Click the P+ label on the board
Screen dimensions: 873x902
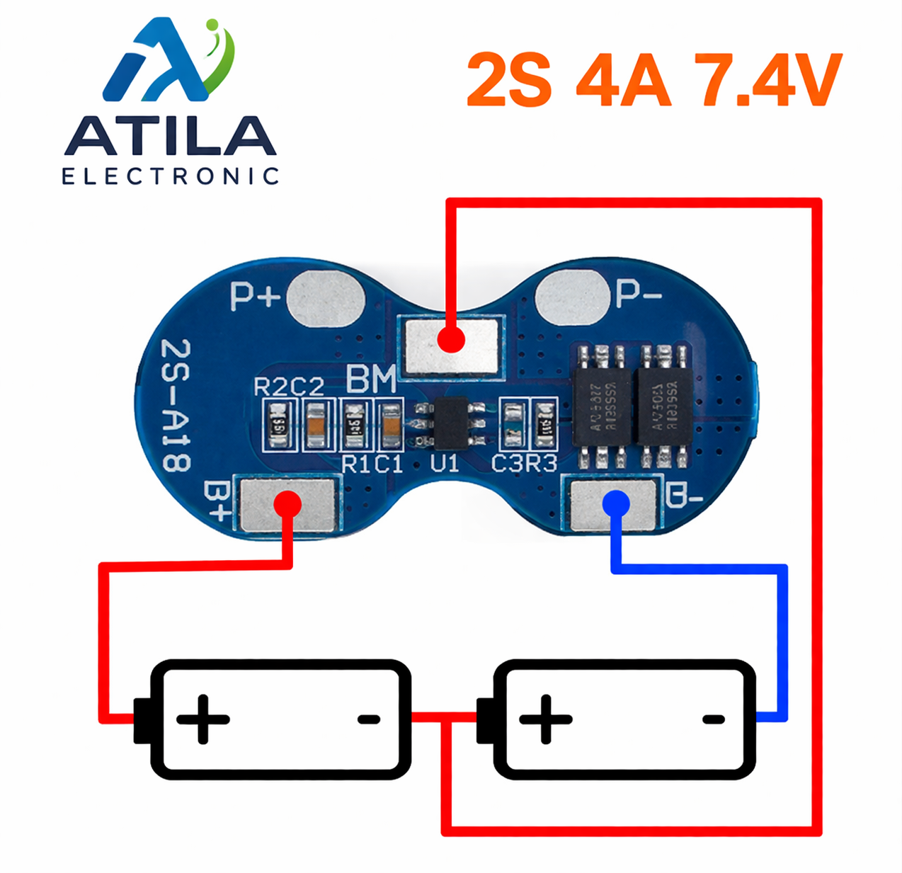point(255,296)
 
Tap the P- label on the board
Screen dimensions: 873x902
point(638,293)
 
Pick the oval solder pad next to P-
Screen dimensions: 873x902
point(572,297)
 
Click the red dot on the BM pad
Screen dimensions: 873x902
point(450,339)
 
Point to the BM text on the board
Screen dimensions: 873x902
point(371,380)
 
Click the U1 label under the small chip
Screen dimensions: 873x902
point(445,464)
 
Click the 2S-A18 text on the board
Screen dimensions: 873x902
point(176,405)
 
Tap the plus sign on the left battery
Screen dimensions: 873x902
point(203,720)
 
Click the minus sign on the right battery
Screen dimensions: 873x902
point(713,720)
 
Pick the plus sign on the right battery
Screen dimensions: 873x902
point(545,720)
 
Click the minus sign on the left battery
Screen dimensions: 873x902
point(369,720)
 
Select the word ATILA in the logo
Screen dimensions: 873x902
point(170,136)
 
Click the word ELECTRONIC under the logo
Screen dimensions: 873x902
point(170,176)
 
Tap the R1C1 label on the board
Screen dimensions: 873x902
point(372,464)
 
